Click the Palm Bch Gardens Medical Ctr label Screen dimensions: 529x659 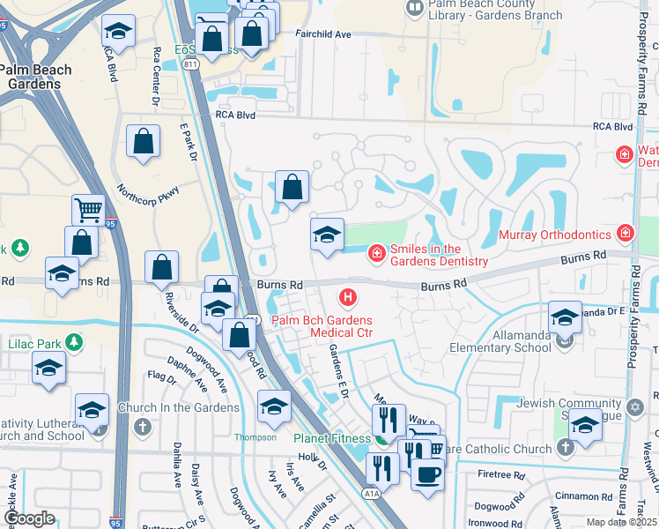tap(322, 326)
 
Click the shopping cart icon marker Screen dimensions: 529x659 tap(88, 210)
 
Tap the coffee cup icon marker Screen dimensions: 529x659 tap(428, 473)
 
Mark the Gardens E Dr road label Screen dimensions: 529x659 tap(337, 368)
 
